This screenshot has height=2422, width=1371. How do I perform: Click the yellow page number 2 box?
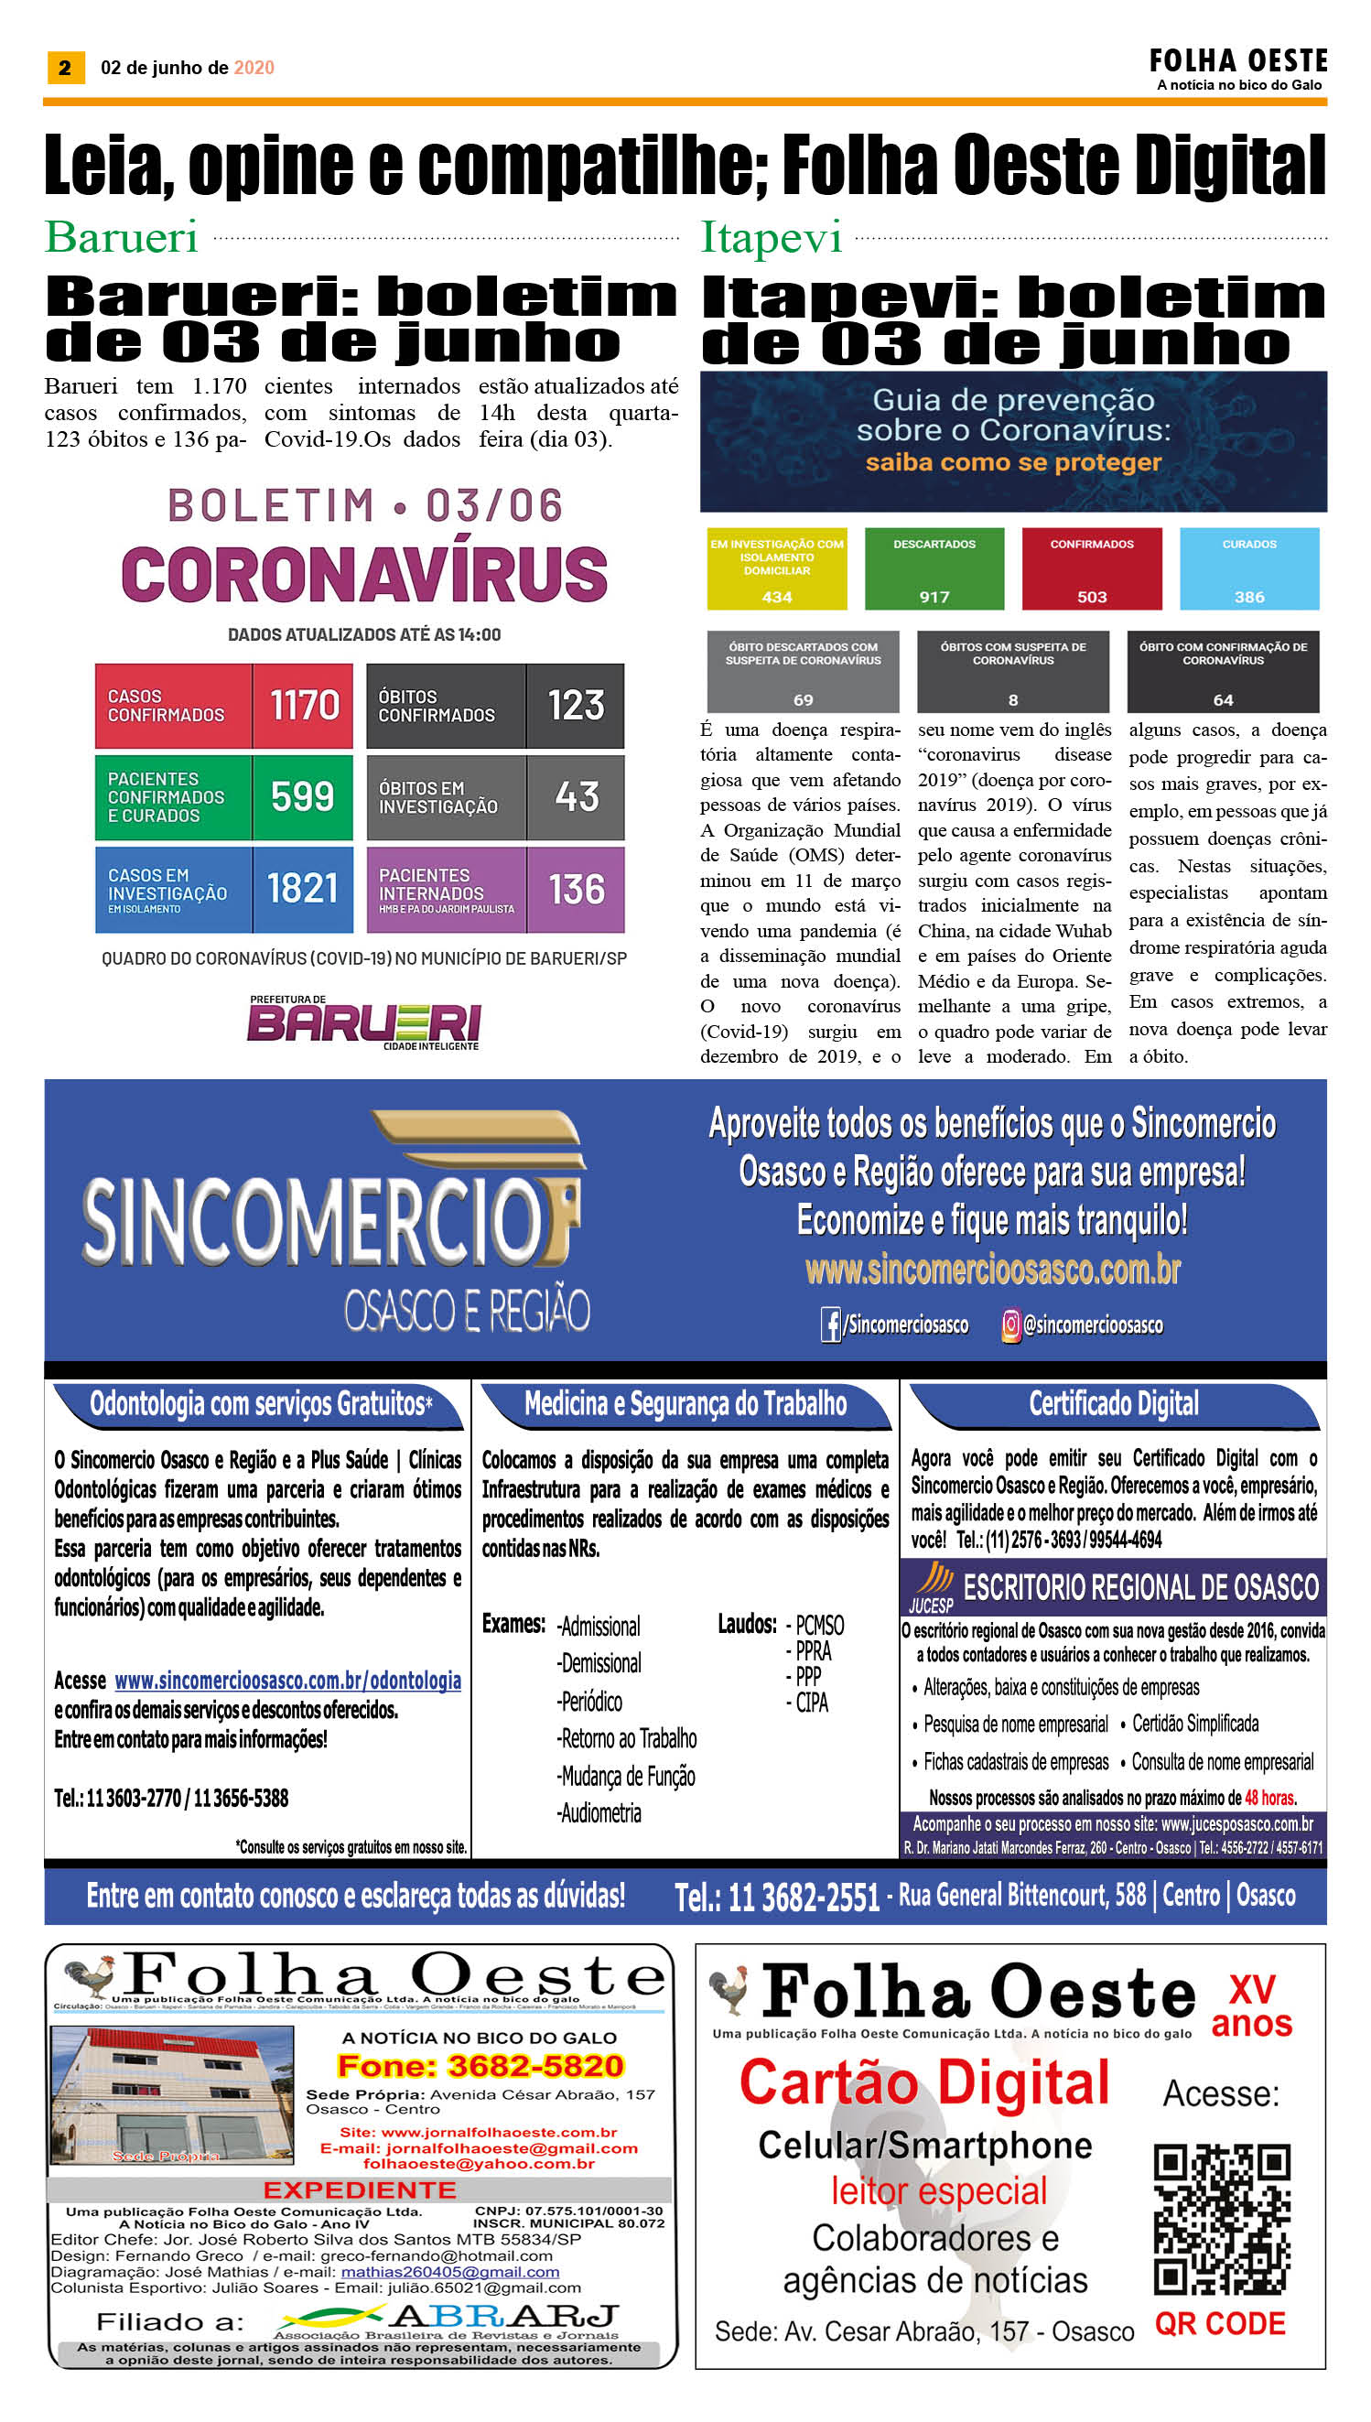pos(65,68)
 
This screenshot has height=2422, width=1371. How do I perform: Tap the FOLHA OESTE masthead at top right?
pos(1237,62)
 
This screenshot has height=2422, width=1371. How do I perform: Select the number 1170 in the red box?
pos(303,706)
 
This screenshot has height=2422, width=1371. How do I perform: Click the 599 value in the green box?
pos(302,796)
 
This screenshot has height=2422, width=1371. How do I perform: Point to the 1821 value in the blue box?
pos(302,888)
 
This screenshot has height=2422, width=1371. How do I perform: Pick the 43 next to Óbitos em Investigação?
pos(577,796)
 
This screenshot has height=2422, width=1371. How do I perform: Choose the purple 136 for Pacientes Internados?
pos(577,889)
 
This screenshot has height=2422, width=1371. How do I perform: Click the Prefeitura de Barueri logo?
pos(364,1022)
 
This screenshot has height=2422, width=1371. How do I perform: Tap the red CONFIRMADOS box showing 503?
pos(1091,568)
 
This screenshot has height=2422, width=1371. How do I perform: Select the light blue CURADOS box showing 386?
pos(1248,568)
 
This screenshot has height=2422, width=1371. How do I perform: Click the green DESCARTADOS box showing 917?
pos(934,568)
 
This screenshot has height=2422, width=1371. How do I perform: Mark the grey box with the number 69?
pos(804,672)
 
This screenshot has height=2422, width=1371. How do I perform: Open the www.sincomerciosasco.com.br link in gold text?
pos(992,1270)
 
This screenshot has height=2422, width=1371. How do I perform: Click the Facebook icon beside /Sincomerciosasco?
pos(830,1325)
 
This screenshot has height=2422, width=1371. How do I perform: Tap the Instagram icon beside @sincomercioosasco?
pos(1010,1325)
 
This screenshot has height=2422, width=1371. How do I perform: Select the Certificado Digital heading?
pos(1113,1404)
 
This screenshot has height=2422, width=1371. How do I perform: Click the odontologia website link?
pos(287,1681)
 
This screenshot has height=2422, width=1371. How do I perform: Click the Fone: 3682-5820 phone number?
pos(480,2066)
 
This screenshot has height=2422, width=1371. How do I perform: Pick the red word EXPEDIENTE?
pos(360,2190)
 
